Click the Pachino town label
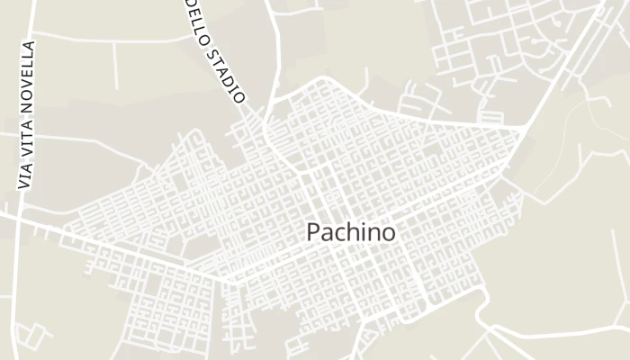[x=351, y=232]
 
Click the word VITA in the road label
[x=26, y=131]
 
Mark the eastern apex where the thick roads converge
[x=524, y=130]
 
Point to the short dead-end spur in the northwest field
[x=115, y=67]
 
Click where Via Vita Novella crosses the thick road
[x=16, y=217]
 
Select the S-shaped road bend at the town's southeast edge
[x=482, y=310]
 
